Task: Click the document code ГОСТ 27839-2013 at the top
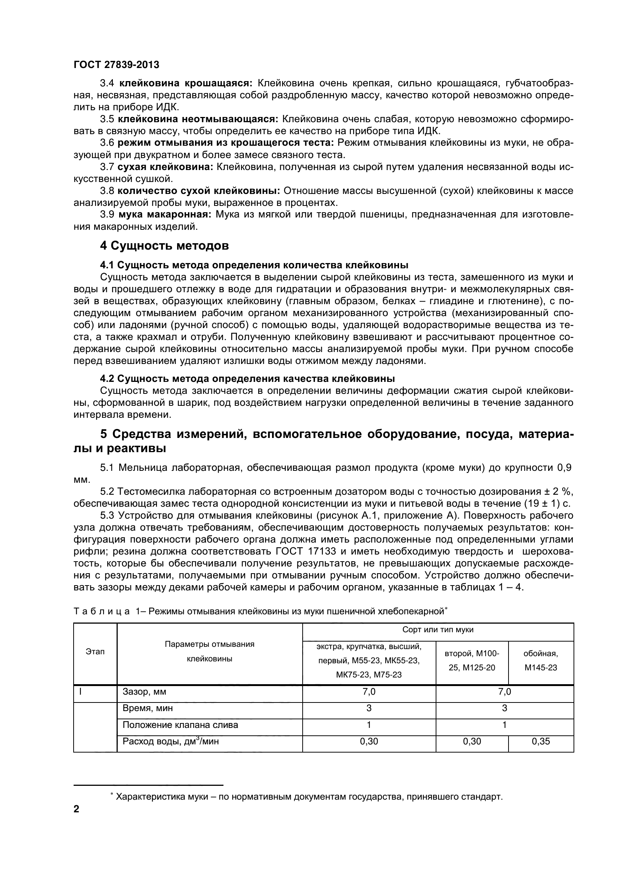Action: tap(117, 65)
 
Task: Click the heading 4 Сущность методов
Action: tap(164, 245)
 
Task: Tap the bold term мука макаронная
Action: tap(165, 214)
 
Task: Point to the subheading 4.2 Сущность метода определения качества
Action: tap(247, 379)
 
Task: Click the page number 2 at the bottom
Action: tap(77, 819)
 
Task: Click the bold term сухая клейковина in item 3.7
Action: tap(165, 167)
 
